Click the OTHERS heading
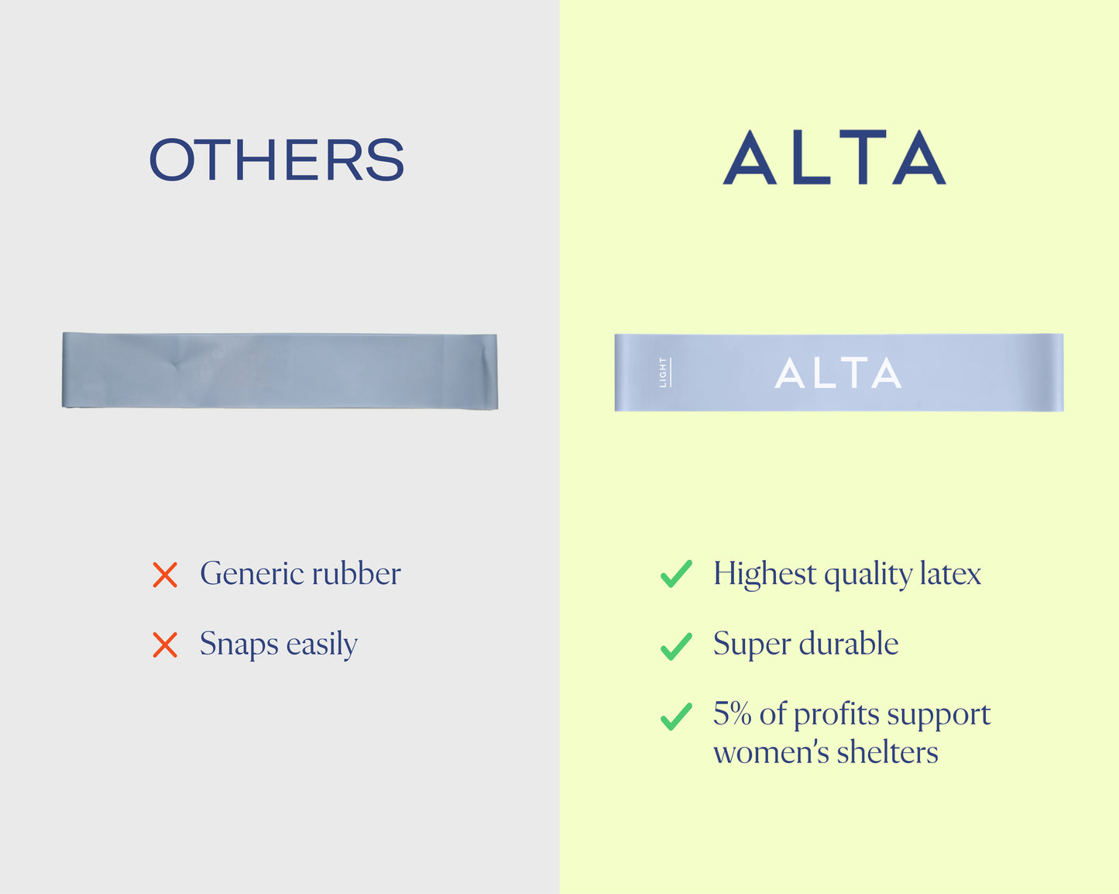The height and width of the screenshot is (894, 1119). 276,160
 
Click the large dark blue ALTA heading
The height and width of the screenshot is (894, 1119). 834,157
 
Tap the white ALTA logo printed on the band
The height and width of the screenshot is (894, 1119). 838,373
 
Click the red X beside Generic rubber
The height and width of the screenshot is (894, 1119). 165,575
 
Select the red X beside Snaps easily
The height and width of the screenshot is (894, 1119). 165,645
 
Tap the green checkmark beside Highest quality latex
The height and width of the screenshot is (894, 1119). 676,574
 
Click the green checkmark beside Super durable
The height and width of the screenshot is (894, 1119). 676,646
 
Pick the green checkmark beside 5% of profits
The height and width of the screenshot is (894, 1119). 676,717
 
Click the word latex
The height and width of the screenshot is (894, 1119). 950,573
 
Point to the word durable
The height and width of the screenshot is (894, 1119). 849,643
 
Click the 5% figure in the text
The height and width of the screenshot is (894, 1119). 732,713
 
